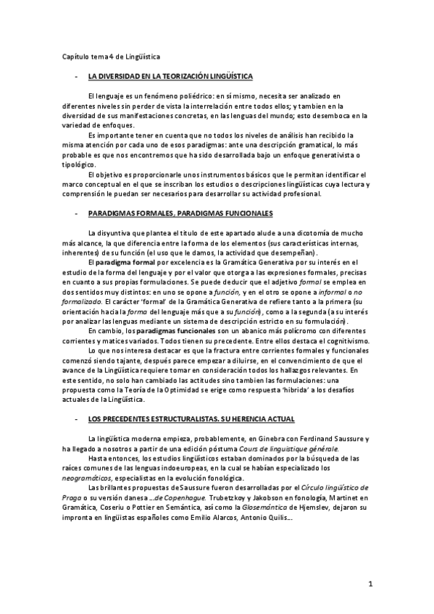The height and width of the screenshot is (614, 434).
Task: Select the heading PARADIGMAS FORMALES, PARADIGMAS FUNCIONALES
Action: [180, 214]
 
